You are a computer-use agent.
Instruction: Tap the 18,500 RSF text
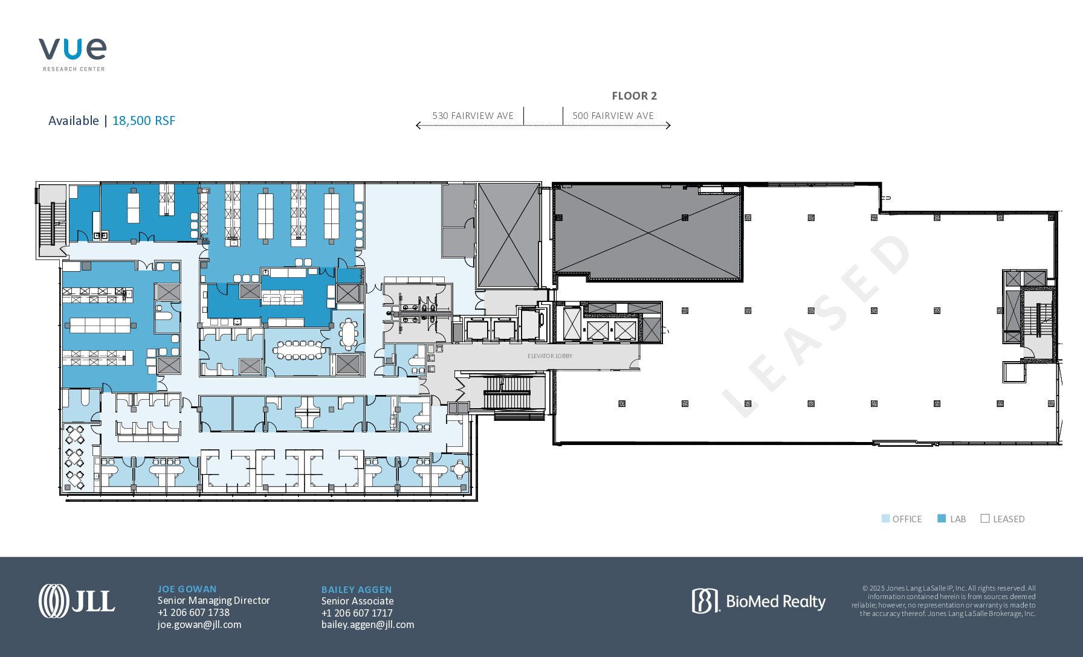coord(144,121)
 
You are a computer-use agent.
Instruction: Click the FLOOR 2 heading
coord(634,96)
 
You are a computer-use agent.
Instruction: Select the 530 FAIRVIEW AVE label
coord(473,116)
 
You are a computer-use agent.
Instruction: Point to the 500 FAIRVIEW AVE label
coord(613,116)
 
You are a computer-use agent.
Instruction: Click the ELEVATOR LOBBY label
coord(550,356)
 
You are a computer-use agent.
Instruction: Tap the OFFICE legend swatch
coord(885,519)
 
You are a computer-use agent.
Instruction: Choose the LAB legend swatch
coord(942,519)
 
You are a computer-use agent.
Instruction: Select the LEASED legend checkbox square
coord(985,519)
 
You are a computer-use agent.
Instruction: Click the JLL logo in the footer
coord(77,601)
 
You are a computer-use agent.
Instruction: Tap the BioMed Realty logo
coord(758,601)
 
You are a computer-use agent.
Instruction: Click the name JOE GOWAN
coord(187,589)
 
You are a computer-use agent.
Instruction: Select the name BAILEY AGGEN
coord(357,590)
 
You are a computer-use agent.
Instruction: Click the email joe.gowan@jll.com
coord(199,624)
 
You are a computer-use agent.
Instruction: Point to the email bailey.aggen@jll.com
coord(368,625)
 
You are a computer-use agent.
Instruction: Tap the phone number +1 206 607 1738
coord(193,612)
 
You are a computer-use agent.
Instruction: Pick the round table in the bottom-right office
coord(460,469)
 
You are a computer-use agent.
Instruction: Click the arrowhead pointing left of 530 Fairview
coord(418,126)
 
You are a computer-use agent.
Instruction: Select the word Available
coord(74,121)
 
